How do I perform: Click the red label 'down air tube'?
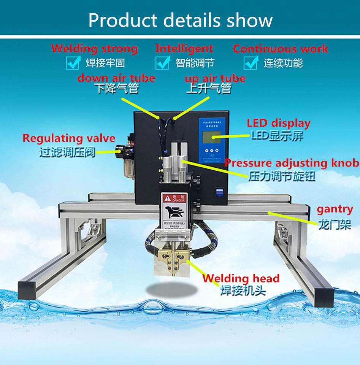116,78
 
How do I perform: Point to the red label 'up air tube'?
215,79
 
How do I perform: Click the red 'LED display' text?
278,123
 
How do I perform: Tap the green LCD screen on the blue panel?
211,136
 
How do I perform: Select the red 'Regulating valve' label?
69,138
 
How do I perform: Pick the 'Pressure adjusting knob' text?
292,163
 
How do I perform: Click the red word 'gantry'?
335,209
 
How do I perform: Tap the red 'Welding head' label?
241,278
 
